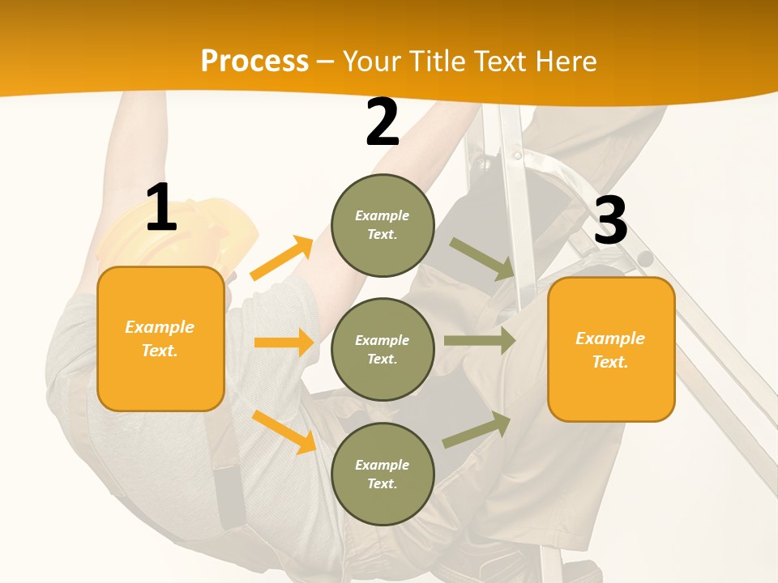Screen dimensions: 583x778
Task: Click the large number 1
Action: click(161, 207)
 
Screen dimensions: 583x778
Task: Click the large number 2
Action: click(382, 122)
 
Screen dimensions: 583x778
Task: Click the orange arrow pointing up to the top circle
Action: click(281, 258)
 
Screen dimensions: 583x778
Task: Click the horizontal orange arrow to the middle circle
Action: click(284, 343)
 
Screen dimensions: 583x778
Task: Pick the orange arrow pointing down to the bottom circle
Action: click(284, 432)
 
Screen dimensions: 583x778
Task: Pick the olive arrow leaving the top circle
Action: click(482, 258)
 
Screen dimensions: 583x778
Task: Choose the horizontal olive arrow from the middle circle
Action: click(479, 341)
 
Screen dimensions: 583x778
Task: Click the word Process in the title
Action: click(254, 61)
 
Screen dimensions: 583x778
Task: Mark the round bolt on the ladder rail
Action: click(645, 259)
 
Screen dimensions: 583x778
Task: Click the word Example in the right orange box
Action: click(610, 338)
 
